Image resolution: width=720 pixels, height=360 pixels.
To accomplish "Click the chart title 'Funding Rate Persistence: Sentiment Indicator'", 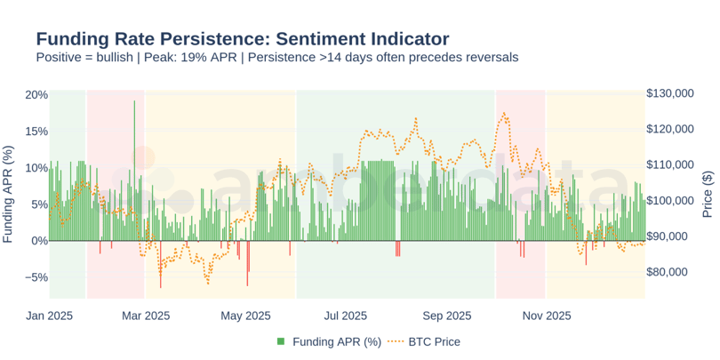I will pyautogui.click(x=242, y=39).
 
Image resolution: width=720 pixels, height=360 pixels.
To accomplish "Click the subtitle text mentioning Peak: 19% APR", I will pyautogui.click(x=276, y=58).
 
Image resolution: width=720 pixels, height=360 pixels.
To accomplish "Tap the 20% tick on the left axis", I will pyautogui.click(x=36, y=95).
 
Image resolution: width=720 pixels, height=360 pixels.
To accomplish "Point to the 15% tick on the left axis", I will pyautogui.click(x=36, y=132).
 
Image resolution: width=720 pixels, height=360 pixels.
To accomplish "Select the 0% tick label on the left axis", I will pyautogui.click(x=40, y=241).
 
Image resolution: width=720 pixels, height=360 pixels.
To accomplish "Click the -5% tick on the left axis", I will pyautogui.click(x=36, y=277).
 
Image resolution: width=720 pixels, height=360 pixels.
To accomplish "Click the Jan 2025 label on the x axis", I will pyautogui.click(x=49, y=315).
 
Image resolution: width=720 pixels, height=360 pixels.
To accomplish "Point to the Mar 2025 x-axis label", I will pyautogui.click(x=145, y=315).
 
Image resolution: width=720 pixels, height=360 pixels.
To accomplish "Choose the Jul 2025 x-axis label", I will pyautogui.click(x=346, y=315).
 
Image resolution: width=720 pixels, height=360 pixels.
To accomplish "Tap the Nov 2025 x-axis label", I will pyautogui.click(x=547, y=315).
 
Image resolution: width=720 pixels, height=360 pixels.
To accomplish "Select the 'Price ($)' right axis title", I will pyautogui.click(x=708, y=194).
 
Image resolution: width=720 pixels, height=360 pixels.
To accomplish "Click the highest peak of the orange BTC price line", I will pyautogui.click(x=504, y=113).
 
